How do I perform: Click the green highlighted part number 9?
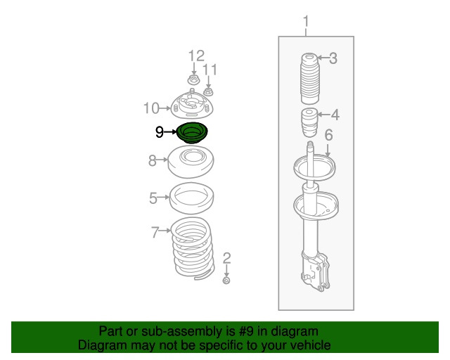(192, 133)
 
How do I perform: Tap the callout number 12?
(196, 56)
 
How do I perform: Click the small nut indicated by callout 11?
(208, 92)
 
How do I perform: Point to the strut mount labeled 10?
(192, 105)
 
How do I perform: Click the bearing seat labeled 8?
(191, 161)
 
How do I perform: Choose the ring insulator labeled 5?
(191, 198)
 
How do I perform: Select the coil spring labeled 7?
(193, 249)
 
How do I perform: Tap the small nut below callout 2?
(226, 280)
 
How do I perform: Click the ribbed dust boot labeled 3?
(309, 78)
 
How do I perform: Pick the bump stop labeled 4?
(309, 122)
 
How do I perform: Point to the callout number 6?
(328, 134)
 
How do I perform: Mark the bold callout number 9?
(160, 132)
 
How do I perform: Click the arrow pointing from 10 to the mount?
(165, 108)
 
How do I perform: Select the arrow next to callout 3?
(323, 58)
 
